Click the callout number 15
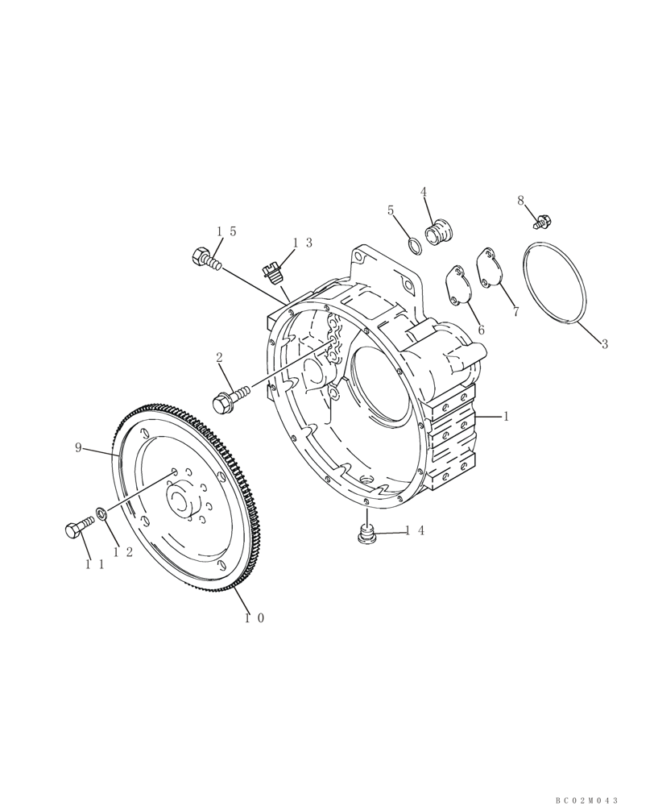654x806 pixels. pos(226,231)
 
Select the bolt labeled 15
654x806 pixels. pos(206,260)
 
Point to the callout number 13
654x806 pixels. pos(302,243)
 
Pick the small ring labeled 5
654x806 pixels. pos(412,244)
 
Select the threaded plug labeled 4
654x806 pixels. pos(441,232)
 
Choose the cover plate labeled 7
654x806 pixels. pos(489,268)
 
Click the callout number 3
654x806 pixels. pos(605,344)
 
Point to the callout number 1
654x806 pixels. pos(506,417)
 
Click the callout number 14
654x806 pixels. pos(414,530)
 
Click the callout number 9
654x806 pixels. pos(78,447)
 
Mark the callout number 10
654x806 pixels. pos(254,618)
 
